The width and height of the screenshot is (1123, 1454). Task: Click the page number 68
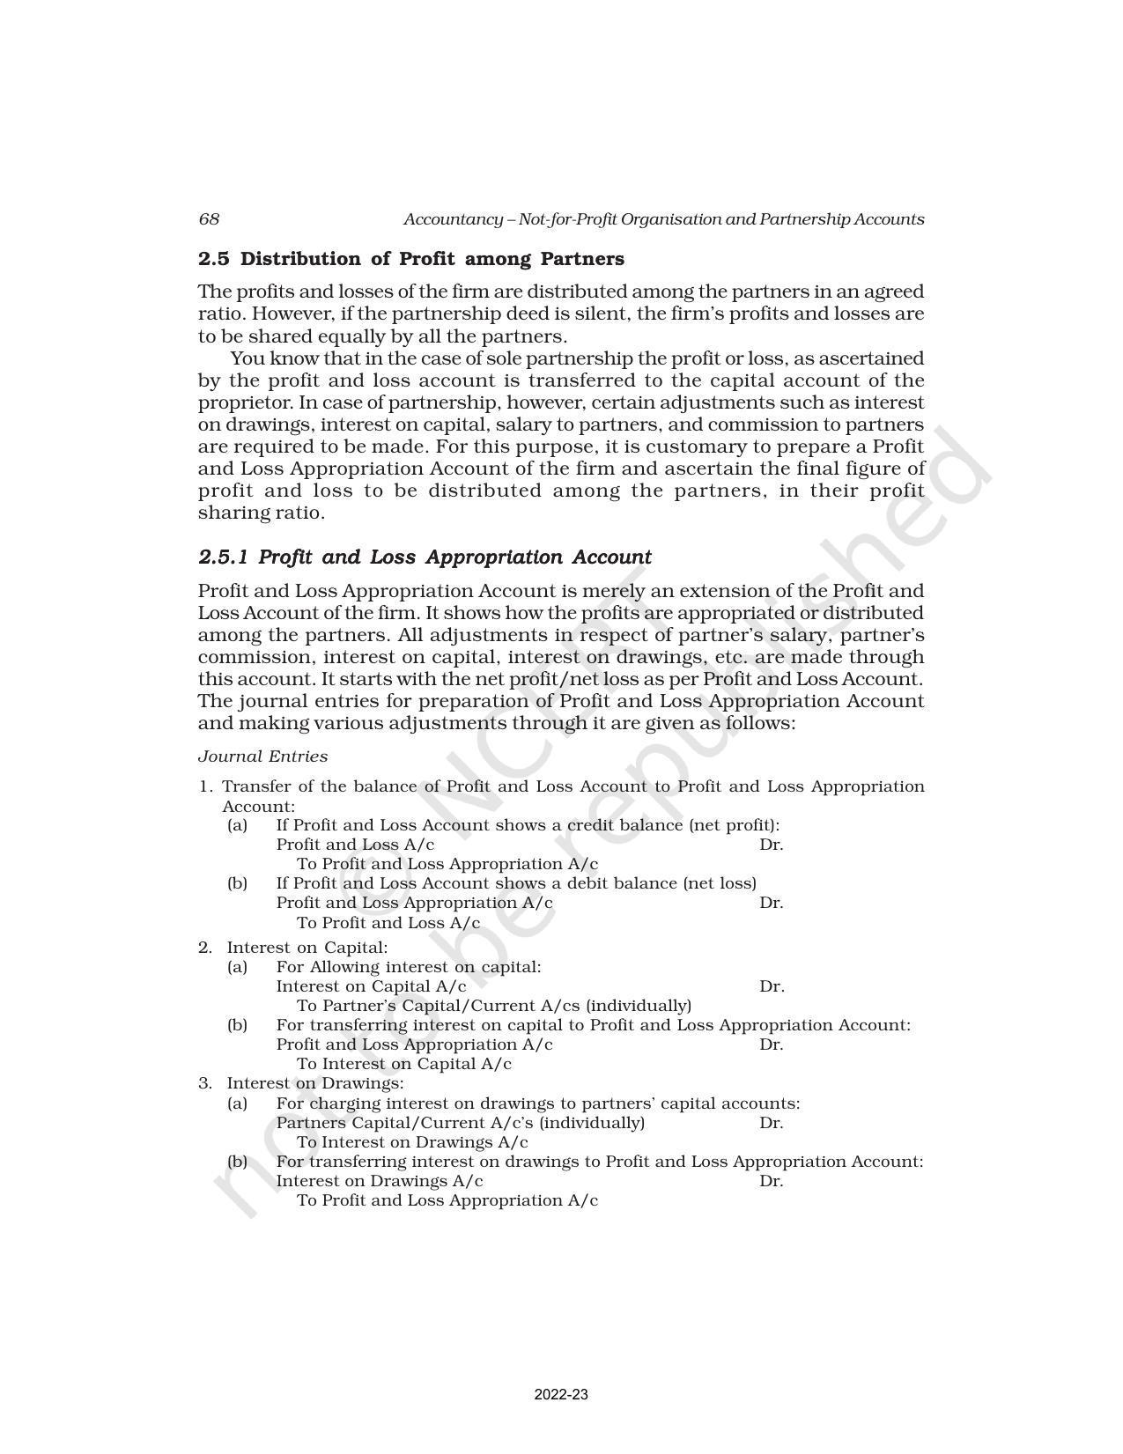[x=209, y=219]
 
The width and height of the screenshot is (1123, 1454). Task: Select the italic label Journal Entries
[x=262, y=757]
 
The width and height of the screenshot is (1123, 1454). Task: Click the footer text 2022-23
[x=561, y=1395]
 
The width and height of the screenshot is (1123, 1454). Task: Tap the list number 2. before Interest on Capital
[x=205, y=948]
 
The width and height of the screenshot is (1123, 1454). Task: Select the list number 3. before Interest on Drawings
[x=205, y=1083]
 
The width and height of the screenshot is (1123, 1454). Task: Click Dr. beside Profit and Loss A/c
[x=771, y=845]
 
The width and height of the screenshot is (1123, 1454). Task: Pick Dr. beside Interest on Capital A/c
[x=772, y=986]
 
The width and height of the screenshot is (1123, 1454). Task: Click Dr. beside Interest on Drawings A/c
[x=771, y=1181]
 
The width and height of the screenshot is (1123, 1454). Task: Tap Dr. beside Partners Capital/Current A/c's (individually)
[x=771, y=1123]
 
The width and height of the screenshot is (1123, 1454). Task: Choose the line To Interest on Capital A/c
[x=404, y=1064]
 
